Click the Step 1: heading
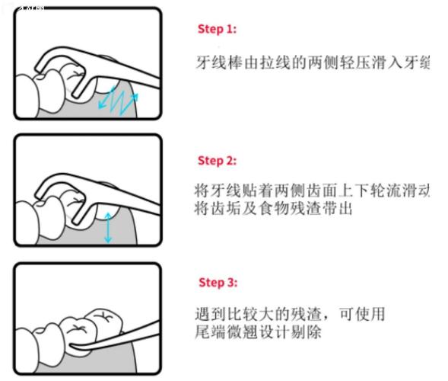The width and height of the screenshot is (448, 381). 217,29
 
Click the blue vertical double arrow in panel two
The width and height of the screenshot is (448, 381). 108,227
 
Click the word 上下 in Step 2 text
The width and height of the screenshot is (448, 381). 348,190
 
